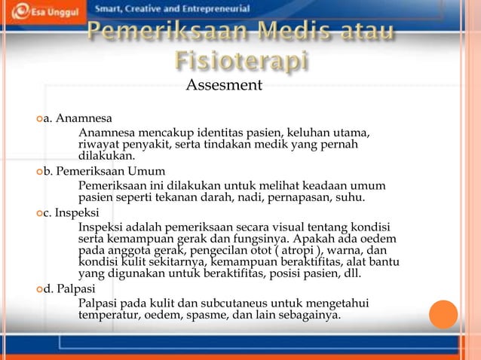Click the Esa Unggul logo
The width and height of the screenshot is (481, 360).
coord(41,11)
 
